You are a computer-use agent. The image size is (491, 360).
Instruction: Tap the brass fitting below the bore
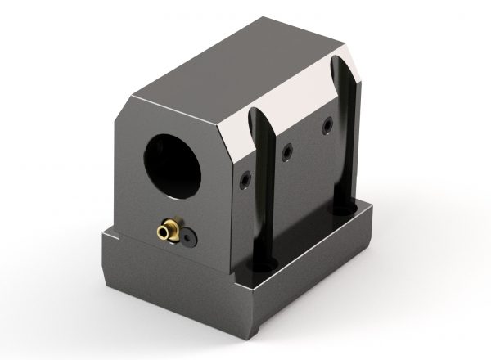point(168,232)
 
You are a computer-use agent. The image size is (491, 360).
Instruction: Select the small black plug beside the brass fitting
point(189,239)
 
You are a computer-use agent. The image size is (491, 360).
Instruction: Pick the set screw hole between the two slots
point(286,152)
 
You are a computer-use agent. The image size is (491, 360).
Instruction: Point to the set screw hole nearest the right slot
point(327,124)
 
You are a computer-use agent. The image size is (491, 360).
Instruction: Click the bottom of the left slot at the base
point(264,263)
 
